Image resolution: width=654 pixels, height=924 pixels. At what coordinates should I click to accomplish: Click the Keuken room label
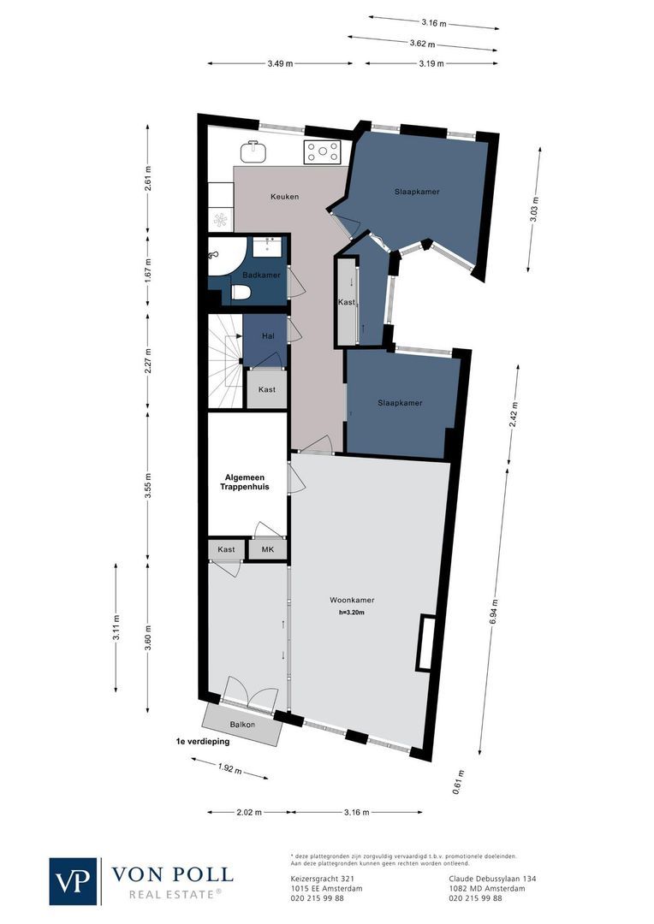pyautogui.click(x=284, y=197)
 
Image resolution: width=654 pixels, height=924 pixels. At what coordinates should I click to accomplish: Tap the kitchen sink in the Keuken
pyautogui.click(x=253, y=151)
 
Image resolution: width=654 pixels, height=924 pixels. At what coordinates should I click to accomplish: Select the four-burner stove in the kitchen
pyautogui.click(x=323, y=152)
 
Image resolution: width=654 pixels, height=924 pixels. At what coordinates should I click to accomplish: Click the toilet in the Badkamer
pyautogui.click(x=241, y=293)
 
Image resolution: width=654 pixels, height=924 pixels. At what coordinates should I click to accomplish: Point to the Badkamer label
pyautogui.click(x=260, y=275)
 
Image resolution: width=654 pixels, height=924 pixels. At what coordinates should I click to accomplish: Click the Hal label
pyautogui.click(x=267, y=336)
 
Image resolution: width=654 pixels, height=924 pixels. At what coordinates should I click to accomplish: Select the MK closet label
pyautogui.click(x=266, y=549)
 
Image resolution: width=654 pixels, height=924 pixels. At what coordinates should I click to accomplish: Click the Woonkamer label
pyautogui.click(x=355, y=600)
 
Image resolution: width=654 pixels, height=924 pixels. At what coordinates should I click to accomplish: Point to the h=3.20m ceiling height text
pyautogui.click(x=355, y=613)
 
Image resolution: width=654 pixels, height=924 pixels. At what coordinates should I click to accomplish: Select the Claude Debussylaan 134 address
pyautogui.click(x=492, y=878)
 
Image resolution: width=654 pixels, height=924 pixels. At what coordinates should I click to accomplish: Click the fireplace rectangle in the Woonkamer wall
pyautogui.click(x=425, y=643)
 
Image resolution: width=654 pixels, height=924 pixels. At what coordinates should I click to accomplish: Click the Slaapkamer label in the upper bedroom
pyautogui.click(x=417, y=192)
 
